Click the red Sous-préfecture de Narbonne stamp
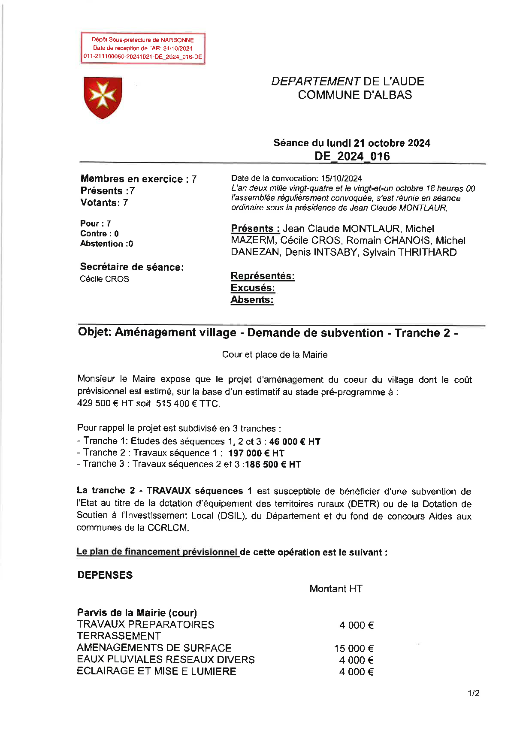pyautogui.click(x=143, y=48)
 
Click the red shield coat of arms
pyautogui.click(x=103, y=97)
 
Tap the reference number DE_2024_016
pyautogui.click(x=352, y=156)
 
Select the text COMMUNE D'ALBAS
pyautogui.click(x=355, y=95)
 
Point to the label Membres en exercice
pyautogui.click(x=131, y=179)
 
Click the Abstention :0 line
pyautogui.click(x=106, y=244)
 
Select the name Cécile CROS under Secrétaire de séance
pyautogui.click(x=104, y=279)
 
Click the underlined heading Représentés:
pyautogui.click(x=263, y=276)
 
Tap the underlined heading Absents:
pyautogui.click(x=252, y=300)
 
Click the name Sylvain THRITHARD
pyautogui.click(x=409, y=252)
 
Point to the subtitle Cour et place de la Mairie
pyautogui.click(x=275, y=355)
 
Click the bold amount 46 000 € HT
pyautogui.click(x=295, y=441)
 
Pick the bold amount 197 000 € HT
pyautogui.click(x=256, y=453)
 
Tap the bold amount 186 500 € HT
pyautogui.click(x=273, y=465)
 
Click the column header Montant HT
pyautogui.click(x=336, y=589)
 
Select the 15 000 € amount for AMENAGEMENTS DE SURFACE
pyautogui.click(x=354, y=649)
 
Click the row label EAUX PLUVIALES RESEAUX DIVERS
pyautogui.click(x=166, y=660)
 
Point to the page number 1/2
pyautogui.click(x=473, y=693)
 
